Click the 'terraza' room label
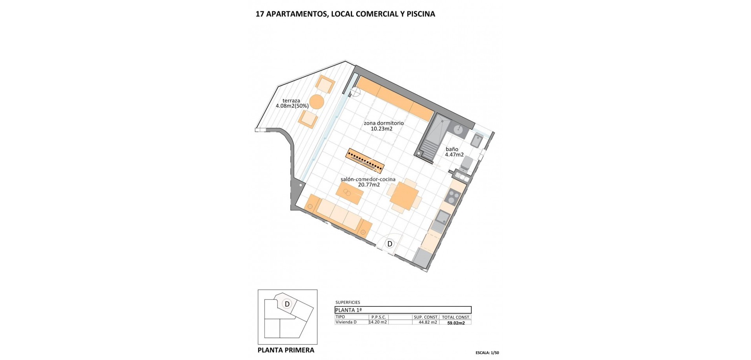pos(291,101)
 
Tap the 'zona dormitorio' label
pos(383,123)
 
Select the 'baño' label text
pos(452,149)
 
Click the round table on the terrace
pos(316,102)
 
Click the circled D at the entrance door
pos(390,244)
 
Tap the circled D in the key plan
pos(287,304)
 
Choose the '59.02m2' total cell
pos(456,323)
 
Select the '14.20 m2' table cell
pos(378,322)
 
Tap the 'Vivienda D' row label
pos(346,322)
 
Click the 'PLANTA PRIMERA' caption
pos(286,350)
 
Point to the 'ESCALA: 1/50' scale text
pos(487,353)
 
